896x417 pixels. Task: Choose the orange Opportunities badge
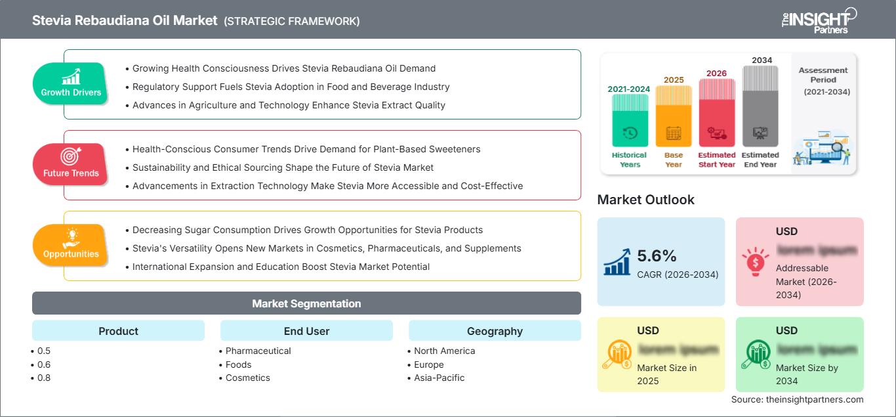[x=71, y=245]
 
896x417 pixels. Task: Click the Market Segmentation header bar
[x=306, y=303]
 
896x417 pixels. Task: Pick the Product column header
[x=118, y=331]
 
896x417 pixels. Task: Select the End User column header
[x=306, y=331]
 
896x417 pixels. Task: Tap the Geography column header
[x=495, y=331]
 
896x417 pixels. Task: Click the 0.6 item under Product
[x=44, y=364]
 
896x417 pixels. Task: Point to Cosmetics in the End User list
[x=247, y=378]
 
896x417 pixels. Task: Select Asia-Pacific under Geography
[x=439, y=378]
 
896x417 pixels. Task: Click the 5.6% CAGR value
[x=657, y=255]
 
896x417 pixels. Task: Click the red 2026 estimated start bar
[x=716, y=112]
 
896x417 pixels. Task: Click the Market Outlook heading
[x=645, y=200]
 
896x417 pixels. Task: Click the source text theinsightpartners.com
[x=797, y=399]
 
